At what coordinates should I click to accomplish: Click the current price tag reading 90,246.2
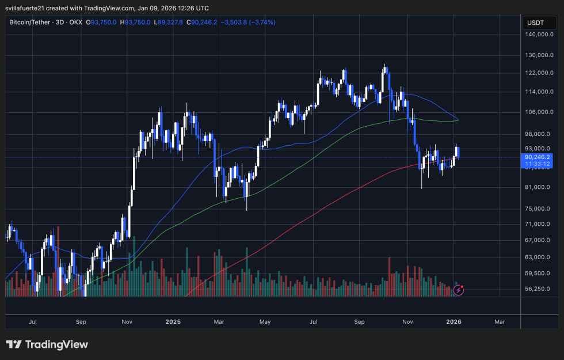coord(538,157)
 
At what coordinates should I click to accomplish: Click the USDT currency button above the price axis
coord(535,23)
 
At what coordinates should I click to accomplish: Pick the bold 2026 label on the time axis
coord(454,321)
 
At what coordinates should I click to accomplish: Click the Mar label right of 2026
coord(500,321)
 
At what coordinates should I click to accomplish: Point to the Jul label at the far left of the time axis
coord(33,321)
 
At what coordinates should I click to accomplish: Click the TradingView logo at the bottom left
coord(47,344)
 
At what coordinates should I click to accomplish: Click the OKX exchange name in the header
coord(75,22)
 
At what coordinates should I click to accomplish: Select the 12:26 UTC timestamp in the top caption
coord(192,8)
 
